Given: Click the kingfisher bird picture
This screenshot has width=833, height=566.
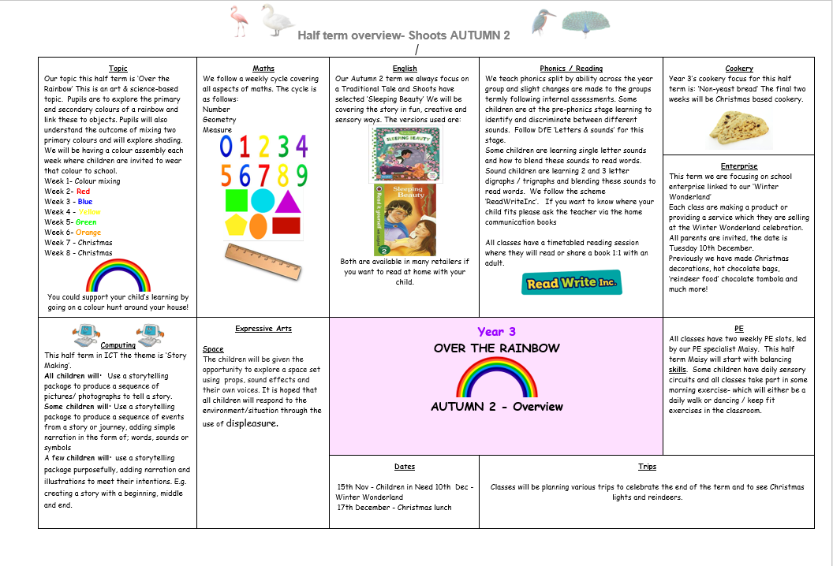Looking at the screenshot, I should click(x=543, y=22).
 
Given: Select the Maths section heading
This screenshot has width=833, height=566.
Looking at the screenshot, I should click(x=263, y=69).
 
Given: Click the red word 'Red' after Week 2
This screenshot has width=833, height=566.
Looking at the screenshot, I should click(x=83, y=192).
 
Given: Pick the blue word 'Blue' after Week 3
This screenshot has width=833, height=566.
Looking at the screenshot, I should click(x=84, y=202).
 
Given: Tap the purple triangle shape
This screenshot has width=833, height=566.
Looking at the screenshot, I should click(x=287, y=201).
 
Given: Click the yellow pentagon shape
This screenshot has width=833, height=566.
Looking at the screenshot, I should click(x=236, y=226).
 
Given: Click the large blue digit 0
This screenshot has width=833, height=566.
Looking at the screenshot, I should click(x=227, y=147).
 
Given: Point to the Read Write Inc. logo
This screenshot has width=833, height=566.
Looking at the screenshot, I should click(x=571, y=283).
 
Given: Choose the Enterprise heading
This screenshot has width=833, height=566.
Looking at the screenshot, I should click(x=739, y=166).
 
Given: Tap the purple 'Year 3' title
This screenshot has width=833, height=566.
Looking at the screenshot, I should click(x=496, y=332).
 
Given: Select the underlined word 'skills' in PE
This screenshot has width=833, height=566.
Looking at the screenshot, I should click(x=678, y=369).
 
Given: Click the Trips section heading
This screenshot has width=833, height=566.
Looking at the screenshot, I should click(x=647, y=467).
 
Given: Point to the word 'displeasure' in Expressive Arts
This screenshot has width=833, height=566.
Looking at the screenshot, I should click(x=252, y=423).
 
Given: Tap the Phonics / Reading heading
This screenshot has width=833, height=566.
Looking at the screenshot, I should click(x=571, y=69).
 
